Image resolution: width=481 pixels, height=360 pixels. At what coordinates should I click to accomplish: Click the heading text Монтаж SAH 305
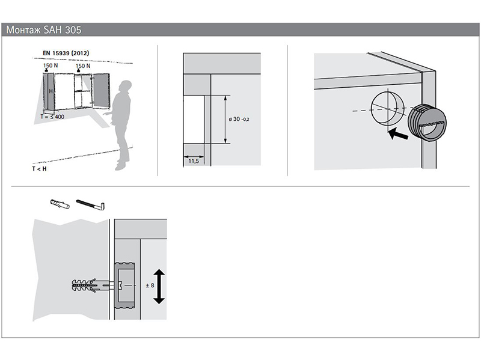pyautogui.click(x=43, y=29)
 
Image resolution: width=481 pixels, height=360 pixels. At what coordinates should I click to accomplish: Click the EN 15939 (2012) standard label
pyautogui.click(x=66, y=53)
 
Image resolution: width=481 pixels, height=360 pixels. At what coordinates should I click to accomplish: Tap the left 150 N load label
pyautogui.click(x=51, y=66)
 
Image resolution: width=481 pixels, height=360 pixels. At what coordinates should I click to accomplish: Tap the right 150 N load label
pyautogui.click(x=83, y=66)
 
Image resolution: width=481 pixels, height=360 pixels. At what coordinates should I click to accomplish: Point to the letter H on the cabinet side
pyautogui.click(x=51, y=91)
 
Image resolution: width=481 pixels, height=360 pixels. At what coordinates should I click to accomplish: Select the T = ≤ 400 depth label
pyautogui.click(x=52, y=117)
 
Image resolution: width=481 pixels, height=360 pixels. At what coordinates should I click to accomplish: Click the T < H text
pyautogui.click(x=39, y=169)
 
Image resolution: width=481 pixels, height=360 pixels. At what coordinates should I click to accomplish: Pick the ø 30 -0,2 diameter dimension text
pyautogui.click(x=239, y=119)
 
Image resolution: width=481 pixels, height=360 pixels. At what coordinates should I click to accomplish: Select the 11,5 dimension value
pyautogui.click(x=194, y=161)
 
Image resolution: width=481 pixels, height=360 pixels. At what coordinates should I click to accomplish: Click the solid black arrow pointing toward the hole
pyautogui.click(x=398, y=133)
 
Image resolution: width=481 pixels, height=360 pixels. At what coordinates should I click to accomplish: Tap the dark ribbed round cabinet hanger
pyautogui.click(x=427, y=123)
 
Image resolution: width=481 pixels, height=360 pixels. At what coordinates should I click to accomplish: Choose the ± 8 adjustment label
pyautogui.click(x=150, y=285)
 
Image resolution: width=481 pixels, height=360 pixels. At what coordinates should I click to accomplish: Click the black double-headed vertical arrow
pyautogui.click(x=159, y=287)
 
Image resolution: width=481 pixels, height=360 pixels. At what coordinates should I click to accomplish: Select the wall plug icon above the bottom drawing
pyautogui.click(x=60, y=204)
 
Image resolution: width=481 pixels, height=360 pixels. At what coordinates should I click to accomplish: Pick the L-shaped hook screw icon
pyautogui.click(x=91, y=204)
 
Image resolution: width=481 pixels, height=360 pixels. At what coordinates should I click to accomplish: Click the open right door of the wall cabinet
pyautogui.click(x=101, y=91)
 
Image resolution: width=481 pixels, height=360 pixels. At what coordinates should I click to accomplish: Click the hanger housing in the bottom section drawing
pyautogui.click(x=124, y=285)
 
